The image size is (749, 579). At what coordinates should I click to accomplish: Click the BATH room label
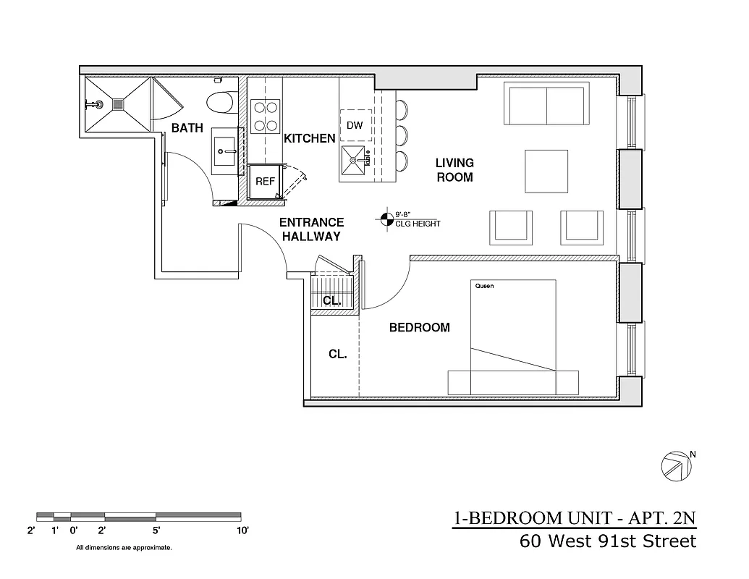[x=187, y=128]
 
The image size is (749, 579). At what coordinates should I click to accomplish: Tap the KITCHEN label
[x=309, y=138]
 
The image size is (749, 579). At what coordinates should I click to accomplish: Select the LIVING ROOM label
[x=454, y=170]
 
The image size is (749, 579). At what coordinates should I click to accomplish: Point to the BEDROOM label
[x=419, y=327]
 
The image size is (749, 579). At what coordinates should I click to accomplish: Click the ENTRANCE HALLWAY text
[x=311, y=229]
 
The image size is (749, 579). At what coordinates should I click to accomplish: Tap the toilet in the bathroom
[x=219, y=103]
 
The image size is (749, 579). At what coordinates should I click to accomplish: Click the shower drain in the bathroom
[x=119, y=104]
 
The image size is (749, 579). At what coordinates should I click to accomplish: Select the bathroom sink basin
[x=225, y=151]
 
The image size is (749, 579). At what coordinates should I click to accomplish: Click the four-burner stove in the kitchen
[x=265, y=117]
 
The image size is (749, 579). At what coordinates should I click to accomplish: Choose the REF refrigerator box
[x=265, y=182]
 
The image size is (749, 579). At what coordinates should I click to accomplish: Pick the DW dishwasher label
[x=355, y=125]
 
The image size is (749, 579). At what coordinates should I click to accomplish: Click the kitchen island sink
[x=355, y=159]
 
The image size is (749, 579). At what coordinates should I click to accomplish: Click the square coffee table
[x=546, y=171]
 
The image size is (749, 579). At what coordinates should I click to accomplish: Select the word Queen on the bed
[x=484, y=286]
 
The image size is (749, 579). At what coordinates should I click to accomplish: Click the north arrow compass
[x=674, y=465]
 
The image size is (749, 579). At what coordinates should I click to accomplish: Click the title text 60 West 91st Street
[x=608, y=541]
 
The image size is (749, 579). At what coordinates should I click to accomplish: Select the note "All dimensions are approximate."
[x=124, y=548]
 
